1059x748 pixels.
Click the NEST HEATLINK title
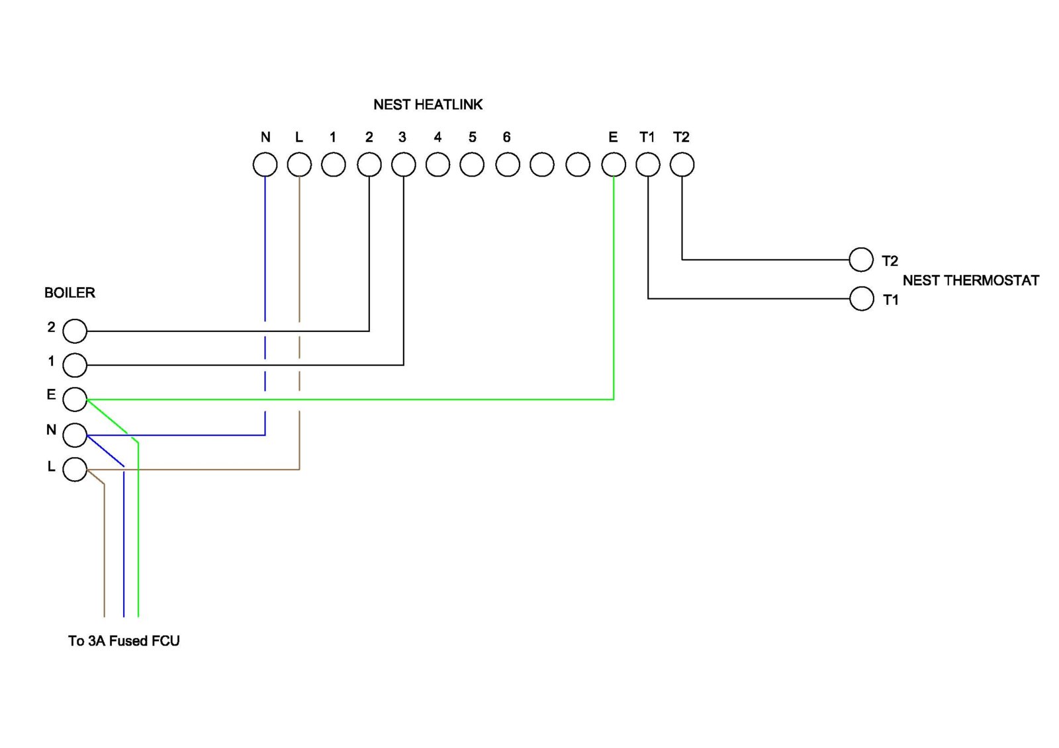pos(428,104)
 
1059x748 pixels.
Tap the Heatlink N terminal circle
pos(265,165)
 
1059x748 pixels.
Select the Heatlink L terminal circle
pos(299,165)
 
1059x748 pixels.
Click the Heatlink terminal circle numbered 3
pos(403,165)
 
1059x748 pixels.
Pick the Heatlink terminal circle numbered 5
pos(472,165)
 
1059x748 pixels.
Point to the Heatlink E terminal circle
pos(614,165)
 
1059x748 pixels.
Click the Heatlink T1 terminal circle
pos(648,165)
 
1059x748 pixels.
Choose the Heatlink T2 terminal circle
pos(682,165)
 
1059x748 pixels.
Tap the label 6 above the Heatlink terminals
pos(506,137)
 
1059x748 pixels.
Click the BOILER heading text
pos(69,293)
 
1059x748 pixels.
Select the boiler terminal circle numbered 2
pos(75,331)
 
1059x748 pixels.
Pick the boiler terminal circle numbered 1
pos(75,364)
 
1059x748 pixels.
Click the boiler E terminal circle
pos(75,399)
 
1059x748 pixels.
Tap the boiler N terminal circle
pos(75,435)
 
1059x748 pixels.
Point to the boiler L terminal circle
pos(75,470)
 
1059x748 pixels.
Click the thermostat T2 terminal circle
pos(861,260)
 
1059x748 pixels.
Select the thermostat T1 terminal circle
pos(861,298)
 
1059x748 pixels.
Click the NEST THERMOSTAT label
pos(970,280)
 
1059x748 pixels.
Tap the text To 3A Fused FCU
pos(124,641)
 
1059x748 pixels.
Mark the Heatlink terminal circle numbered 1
pos(334,165)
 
